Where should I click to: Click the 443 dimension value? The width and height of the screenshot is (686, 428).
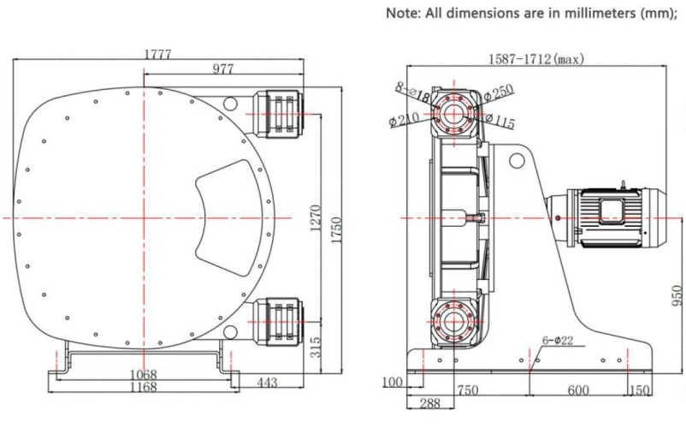(x=267, y=383)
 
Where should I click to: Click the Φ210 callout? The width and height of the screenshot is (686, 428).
(x=404, y=121)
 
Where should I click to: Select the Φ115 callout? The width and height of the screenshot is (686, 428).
(x=500, y=122)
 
